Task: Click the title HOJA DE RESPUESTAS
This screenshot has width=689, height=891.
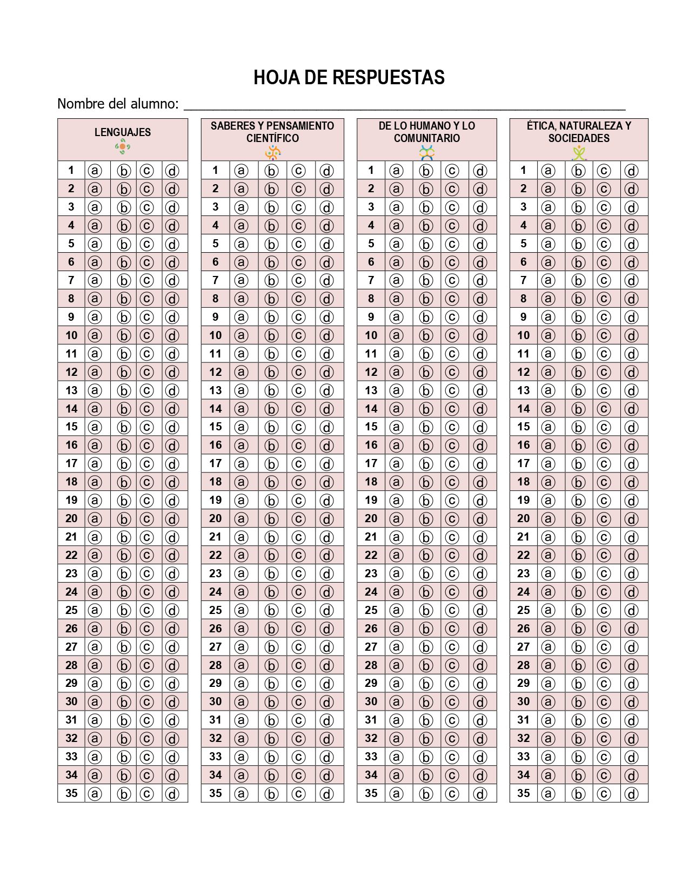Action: point(349,78)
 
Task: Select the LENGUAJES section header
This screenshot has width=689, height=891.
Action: point(123,132)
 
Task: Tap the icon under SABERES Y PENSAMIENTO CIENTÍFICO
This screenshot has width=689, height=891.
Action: point(273,153)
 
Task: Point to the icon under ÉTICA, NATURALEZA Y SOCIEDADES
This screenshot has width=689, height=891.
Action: point(579,153)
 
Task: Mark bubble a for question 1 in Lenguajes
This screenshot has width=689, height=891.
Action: point(95,171)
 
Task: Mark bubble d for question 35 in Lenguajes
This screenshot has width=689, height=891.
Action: point(172,794)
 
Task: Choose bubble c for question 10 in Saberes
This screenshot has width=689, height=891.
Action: point(298,335)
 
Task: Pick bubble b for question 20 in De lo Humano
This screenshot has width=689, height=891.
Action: point(426,519)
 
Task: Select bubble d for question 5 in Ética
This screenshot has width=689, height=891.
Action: point(631,244)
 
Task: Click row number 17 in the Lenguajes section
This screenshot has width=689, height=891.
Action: point(71,463)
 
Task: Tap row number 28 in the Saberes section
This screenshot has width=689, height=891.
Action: point(215,665)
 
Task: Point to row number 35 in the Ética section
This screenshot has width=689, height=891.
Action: point(523,793)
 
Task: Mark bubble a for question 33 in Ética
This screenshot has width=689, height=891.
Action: point(548,757)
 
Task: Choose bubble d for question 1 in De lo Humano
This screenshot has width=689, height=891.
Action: point(480,171)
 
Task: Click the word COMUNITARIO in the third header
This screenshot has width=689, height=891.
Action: point(426,138)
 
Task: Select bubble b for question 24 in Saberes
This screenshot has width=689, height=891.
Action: point(271,592)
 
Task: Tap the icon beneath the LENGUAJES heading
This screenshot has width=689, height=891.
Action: point(123,146)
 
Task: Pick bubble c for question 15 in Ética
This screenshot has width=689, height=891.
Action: point(603,427)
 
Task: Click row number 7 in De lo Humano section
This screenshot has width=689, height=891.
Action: point(371,280)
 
